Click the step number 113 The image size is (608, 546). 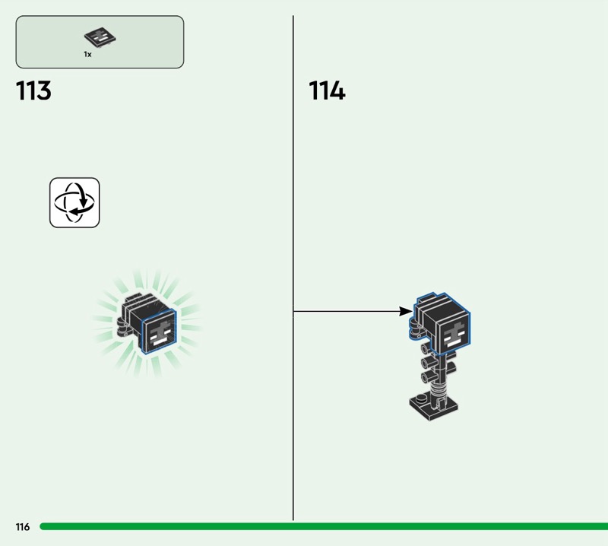(33, 90)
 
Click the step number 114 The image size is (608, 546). (327, 90)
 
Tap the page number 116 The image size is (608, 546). (23, 526)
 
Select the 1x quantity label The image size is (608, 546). (87, 54)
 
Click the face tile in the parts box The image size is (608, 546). (100, 37)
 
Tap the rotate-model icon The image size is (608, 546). (74, 202)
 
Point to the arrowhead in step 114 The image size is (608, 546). (406, 311)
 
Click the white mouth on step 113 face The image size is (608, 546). (158, 341)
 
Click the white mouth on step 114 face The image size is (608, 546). (452, 343)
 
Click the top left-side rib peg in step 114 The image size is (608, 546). (426, 348)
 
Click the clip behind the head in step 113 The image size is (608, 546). (123, 327)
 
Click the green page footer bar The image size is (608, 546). (324, 526)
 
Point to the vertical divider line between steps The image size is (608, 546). (293, 268)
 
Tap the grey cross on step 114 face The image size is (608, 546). (453, 332)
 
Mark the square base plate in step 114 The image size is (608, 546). (433, 407)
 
